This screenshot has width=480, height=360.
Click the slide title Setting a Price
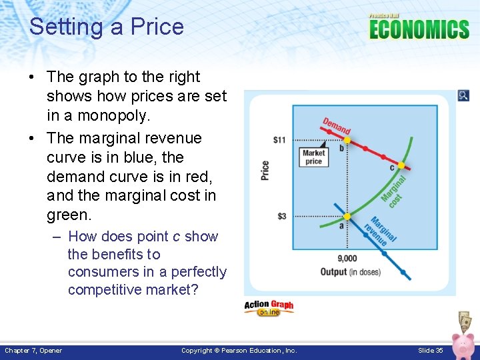pos(106,27)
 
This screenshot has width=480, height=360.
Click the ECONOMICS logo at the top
pos(419,29)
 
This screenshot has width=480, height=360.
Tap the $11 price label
pos(279,140)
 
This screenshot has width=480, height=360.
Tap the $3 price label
pos(282,217)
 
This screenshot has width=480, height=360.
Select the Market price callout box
pos(313,157)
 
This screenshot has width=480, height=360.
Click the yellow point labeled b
pos(347,141)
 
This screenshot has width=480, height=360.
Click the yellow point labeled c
pos(401,165)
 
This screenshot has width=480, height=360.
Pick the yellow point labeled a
pos(347,217)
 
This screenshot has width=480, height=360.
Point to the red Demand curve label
pos(337,127)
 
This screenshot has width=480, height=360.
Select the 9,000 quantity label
pos(347,259)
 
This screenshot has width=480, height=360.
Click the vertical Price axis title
pos(265,171)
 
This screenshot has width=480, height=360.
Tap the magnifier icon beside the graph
pos(463,96)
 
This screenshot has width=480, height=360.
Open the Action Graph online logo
pos(269,307)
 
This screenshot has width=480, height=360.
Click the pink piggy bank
pos(462,345)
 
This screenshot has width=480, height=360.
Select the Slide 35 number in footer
pos(430,351)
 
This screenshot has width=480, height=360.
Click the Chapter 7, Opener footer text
pos(33,351)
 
